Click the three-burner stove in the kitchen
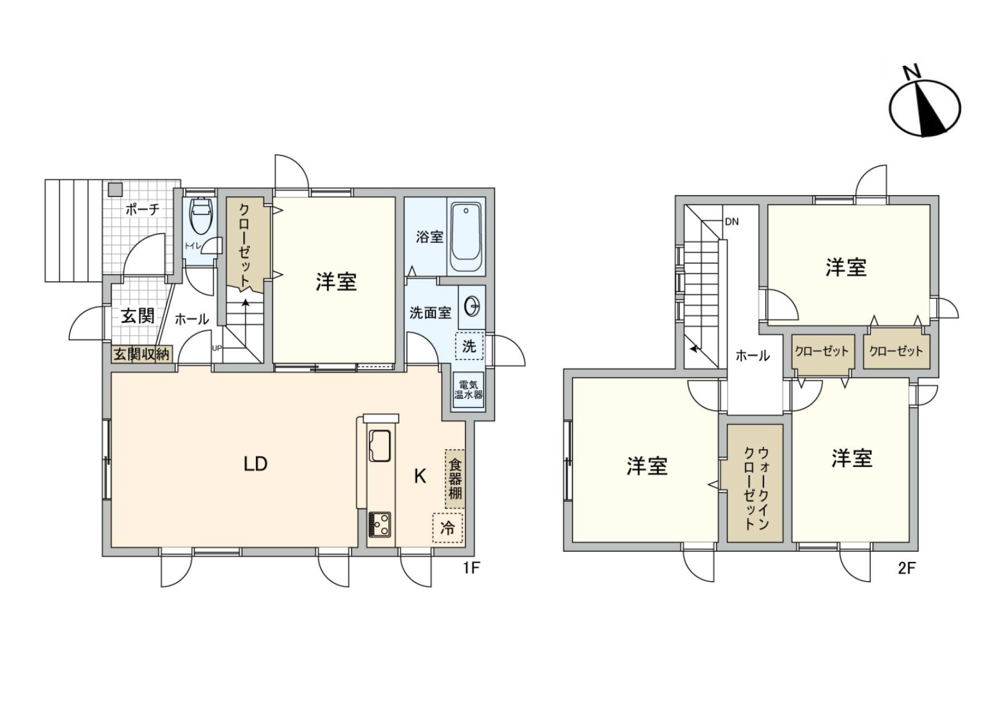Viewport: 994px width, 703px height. (x=379, y=524)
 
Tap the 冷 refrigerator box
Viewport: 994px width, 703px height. (x=448, y=528)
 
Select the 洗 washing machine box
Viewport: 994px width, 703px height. (x=469, y=346)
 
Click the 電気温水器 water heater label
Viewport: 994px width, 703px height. (x=469, y=390)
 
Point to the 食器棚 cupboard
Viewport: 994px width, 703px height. (x=455, y=478)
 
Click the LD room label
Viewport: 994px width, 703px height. (x=256, y=464)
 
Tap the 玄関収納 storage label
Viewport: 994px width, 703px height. (x=142, y=354)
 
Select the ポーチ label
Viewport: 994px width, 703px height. (x=142, y=210)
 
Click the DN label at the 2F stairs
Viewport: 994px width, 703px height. (x=732, y=222)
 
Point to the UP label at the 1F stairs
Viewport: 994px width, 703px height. (x=216, y=348)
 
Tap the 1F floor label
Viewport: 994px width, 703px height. (x=472, y=568)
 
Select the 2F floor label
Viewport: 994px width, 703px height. (x=907, y=568)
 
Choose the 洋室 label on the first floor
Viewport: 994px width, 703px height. (x=337, y=282)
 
